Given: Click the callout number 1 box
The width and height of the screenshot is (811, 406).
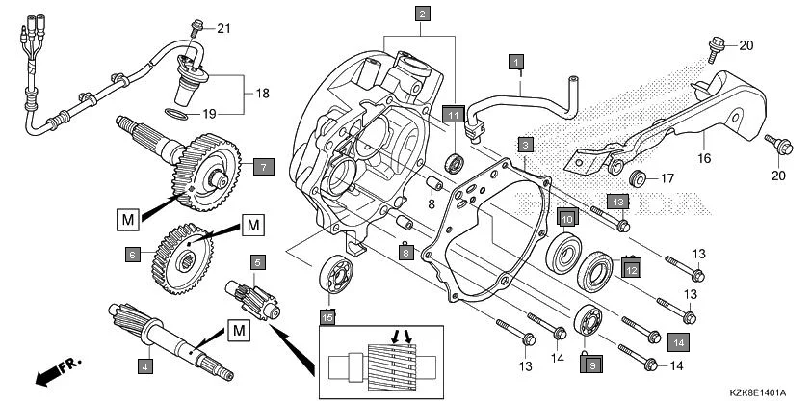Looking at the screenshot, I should point(517,62).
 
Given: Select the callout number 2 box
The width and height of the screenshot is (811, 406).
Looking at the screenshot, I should point(422,14).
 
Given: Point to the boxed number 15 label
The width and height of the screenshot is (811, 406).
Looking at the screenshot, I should point(327,316).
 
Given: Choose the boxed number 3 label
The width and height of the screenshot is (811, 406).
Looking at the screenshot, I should point(525,144).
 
